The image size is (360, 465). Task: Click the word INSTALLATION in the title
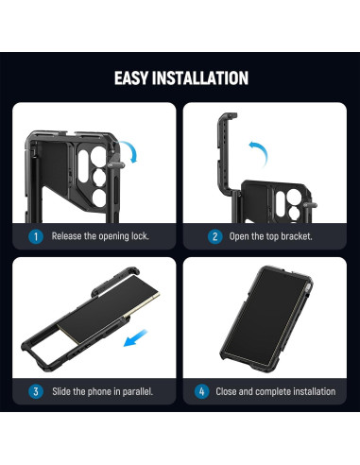(203, 77)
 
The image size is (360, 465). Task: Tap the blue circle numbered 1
(36, 235)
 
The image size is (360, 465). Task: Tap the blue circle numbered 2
(214, 235)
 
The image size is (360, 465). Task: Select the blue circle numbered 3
(36, 390)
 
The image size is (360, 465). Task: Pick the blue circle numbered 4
(201, 390)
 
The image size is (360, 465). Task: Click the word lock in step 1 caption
(138, 235)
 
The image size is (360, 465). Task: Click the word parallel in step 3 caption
(129, 390)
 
